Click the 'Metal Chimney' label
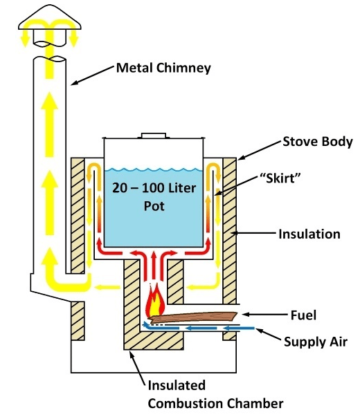[163, 68]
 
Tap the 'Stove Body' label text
[317, 142]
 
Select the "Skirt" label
[280, 178]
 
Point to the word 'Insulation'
[309, 234]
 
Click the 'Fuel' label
[303, 315]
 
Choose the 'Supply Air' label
[316, 342]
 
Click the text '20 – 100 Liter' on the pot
[154, 188]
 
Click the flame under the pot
[155, 300]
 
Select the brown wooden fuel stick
[193, 317]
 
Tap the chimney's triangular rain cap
[50, 17]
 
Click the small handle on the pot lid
[154, 136]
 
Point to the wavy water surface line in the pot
[154, 169]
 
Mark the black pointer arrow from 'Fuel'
[264, 315]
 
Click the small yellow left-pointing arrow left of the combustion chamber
[107, 287]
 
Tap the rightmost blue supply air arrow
[239, 328]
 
